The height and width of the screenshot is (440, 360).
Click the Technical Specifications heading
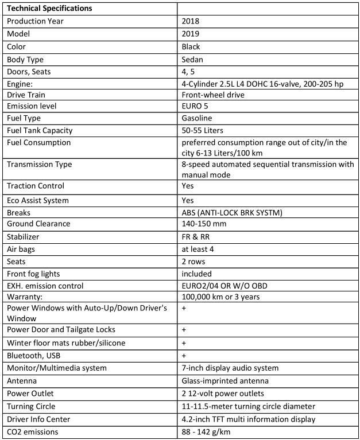(x=50, y=9)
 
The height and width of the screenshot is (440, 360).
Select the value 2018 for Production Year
(x=191, y=21)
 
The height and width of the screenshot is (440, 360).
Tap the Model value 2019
(x=191, y=34)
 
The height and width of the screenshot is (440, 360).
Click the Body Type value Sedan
(x=193, y=59)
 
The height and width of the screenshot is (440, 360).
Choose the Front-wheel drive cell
(x=212, y=94)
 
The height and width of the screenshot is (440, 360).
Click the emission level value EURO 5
(x=195, y=106)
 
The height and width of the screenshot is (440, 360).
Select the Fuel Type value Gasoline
(x=197, y=118)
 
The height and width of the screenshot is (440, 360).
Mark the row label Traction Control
(x=36, y=186)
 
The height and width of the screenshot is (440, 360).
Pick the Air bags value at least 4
(x=199, y=249)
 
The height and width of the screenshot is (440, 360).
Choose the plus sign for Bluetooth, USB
(x=184, y=356)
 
